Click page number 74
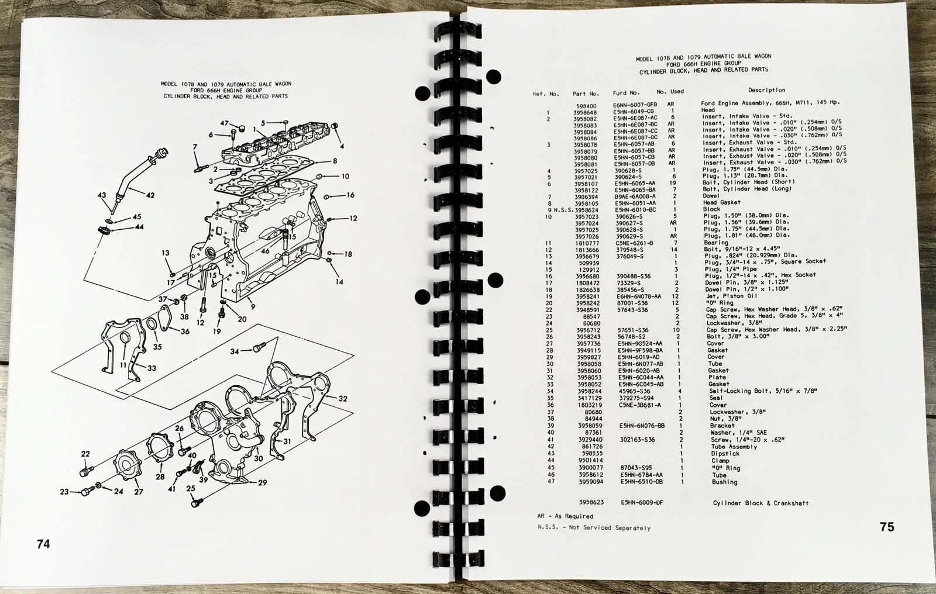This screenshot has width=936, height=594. pos(43,544)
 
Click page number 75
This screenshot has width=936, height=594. pos(887,527)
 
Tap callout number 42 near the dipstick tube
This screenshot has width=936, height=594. pos(150,195)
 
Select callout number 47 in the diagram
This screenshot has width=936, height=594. pos(224,123)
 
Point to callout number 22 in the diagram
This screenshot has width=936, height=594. pos(85,454)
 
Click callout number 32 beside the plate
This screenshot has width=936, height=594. pos(343,399)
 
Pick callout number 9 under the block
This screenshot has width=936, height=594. pos(252,306)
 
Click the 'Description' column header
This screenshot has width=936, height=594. pos(766,90)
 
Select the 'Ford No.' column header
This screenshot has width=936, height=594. pos(627,92)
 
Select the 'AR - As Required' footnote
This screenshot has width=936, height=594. pos(565,516)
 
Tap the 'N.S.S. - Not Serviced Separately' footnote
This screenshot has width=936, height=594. pos(594,527)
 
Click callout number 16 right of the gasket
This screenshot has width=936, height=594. pos(350,195)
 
